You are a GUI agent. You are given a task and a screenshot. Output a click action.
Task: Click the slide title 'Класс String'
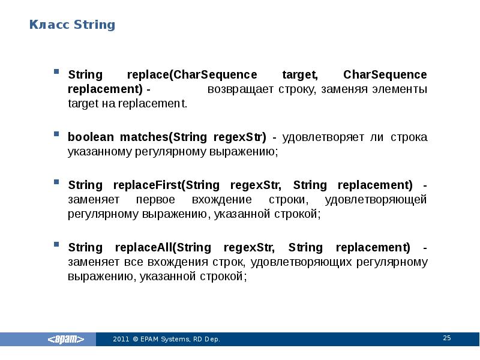tap(72, 25)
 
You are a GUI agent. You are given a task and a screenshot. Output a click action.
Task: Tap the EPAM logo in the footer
tap(71, 339)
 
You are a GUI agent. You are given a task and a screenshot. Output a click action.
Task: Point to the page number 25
tap(446, 338)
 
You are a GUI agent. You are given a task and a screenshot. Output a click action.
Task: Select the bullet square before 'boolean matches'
tap(56, 134)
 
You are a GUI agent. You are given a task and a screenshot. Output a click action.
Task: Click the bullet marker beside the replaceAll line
tap(56, 245)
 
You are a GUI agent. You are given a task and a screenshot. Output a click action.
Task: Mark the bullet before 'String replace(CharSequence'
tap(56, 71)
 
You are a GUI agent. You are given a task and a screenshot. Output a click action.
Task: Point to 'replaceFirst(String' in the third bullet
tap(160, 184)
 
